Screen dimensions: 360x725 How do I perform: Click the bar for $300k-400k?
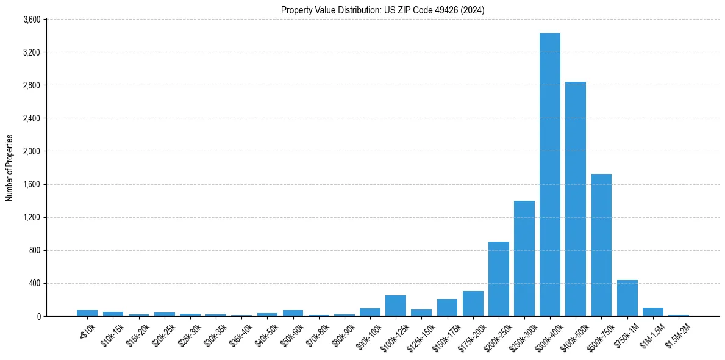(549, 175)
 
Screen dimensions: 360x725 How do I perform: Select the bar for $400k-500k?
(575, 199)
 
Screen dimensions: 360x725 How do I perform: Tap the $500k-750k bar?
(601, 245)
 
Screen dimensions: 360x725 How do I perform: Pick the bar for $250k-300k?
(524, 258)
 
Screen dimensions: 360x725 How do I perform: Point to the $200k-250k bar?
(498, 279)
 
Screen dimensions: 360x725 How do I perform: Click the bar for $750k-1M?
(627, 298)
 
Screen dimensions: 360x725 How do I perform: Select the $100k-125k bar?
(395, 306)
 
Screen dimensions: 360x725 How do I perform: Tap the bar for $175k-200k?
(473, 303)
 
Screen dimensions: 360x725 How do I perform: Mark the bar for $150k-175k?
(447, 308)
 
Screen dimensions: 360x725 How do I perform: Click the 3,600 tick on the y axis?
(32, 20)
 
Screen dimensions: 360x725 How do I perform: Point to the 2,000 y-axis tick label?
(32, 151)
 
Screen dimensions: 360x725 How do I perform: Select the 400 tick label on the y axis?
(35, 283)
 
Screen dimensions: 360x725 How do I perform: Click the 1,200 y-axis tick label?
(32, 217)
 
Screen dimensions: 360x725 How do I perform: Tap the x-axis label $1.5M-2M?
(677, 333)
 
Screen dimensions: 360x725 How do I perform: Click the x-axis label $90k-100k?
(368, 333)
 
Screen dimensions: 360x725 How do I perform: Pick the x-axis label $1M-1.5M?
(652, 333)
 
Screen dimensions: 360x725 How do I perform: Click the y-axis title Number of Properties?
(9, 168)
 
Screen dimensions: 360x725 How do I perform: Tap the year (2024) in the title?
(474, 10)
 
